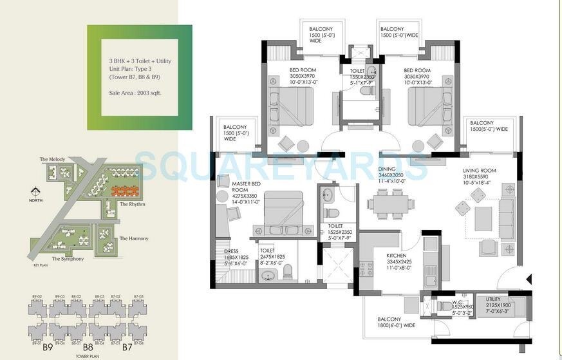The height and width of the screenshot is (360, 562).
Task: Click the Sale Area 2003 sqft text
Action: click(135, 93)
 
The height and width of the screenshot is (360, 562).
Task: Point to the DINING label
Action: click(388, 169)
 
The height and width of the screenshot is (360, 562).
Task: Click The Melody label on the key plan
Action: click(53, 159)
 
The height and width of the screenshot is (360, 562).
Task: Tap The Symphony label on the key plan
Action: click(67, 259)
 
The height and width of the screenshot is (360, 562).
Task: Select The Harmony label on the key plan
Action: click(133, 238)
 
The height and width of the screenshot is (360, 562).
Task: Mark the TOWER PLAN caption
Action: click(87, 355)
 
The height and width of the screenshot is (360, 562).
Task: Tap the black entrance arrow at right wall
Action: click(528, 279)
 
